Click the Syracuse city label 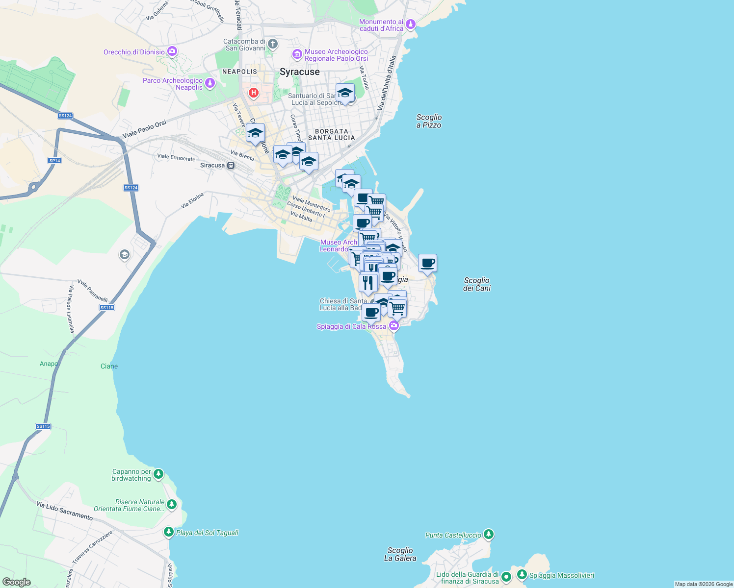(x=299, y=72)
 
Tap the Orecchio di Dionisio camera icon (x=172, y=51)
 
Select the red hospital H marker (x=254, y=92)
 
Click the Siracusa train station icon (x=231, y=166)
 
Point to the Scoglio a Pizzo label (x=429, y=121)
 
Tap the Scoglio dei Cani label (x=476, y=284)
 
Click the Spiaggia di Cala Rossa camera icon (x=393, y=325)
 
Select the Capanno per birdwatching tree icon (x=158, y=474)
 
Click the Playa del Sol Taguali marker (x=168, y=532)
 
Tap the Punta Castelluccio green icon (x=488, y=534)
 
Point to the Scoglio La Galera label (x=400, y=554)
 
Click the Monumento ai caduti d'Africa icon (x=411, y=24)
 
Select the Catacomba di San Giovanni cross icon (x=273, y=44)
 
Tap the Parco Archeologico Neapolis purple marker (x=210, y=83)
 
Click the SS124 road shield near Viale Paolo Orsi (x=65, y=116)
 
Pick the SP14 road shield (x=54, y=161)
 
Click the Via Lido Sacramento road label (x=64, y=511)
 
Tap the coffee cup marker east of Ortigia (x=427, y=263)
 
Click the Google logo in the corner (x=16, y=582)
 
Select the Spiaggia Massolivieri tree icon (x=522, y=574)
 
